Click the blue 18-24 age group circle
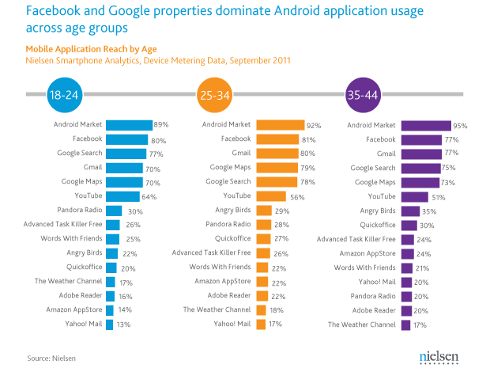pos(65,96)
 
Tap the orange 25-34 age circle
pos(214,96)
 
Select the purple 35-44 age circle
pos(363,96)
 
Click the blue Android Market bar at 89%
pos(129,125)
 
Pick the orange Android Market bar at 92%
pos(280,125)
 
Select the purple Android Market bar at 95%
pos(426,125)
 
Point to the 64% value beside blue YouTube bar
pos(149,196)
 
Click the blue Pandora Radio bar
pos(114,211)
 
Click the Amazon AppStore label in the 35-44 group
pos(369,253)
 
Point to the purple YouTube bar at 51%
pos(415,196)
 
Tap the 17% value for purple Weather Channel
pos(421,324)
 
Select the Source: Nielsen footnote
pos(51,358)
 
